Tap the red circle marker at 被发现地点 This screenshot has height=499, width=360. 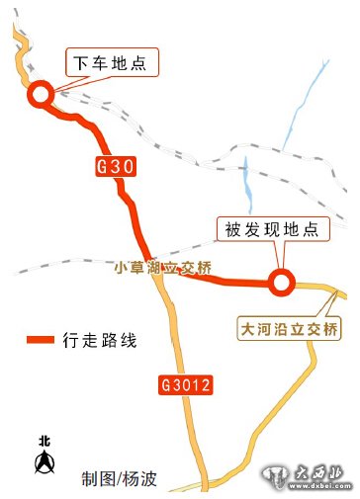pos(282,283)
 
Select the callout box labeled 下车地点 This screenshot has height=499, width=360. pos(111,63)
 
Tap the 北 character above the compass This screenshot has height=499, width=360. pos(44,441)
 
